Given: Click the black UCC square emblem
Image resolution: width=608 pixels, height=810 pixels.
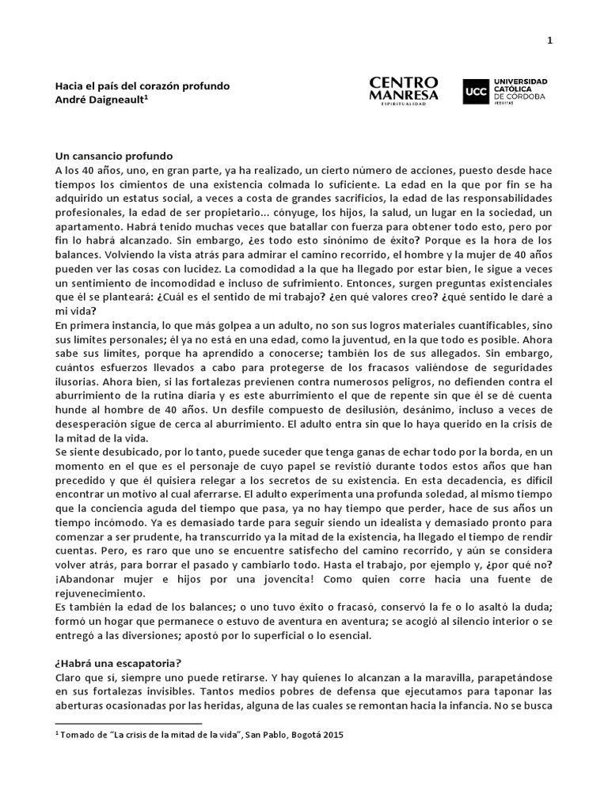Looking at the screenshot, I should [x=474, y=91].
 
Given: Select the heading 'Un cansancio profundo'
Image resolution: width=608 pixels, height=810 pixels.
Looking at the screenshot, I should [x=114, y=157].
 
